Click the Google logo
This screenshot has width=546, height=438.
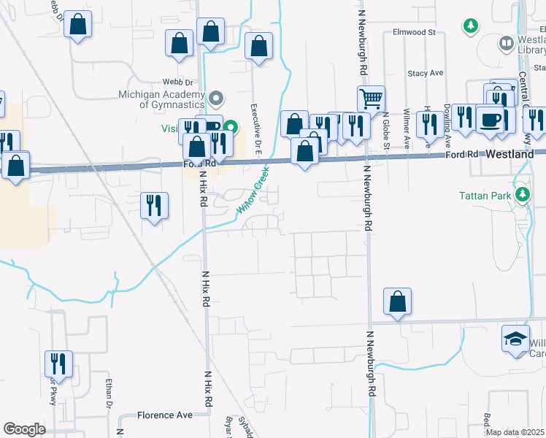[23, 429]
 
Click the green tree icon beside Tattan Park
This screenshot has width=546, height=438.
[522, 195]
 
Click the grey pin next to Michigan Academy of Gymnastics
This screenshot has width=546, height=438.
[216, 97]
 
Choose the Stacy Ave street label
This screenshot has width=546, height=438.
[426, 73]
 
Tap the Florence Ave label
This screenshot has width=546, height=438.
[165, 415]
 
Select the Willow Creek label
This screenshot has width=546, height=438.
[253, 190]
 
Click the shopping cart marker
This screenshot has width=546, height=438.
[371, 98]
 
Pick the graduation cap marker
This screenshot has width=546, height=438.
[515, 339]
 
